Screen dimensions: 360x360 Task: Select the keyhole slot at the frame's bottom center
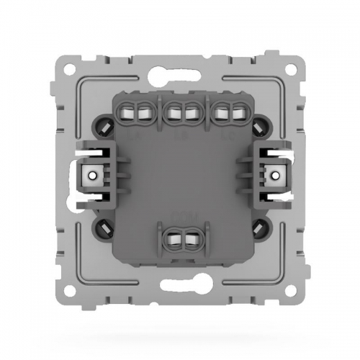[x=180, y=292]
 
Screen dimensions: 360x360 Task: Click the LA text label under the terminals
[x=135, y=133]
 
